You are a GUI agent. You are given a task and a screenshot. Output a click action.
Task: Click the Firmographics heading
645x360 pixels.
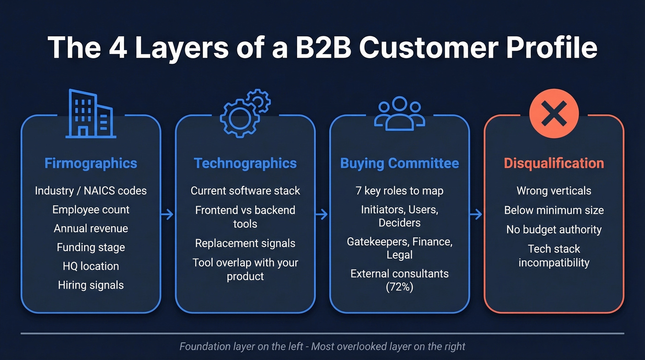(91, 163)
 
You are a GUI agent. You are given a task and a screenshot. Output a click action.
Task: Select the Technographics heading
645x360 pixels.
(245, 163)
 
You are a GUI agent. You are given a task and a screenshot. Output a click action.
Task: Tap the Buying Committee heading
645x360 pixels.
(399, 163)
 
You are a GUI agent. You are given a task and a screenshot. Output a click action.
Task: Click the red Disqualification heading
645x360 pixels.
(554, 163)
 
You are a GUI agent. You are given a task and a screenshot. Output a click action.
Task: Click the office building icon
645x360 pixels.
(90, 114)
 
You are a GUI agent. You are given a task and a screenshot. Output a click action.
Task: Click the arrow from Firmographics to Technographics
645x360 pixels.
(168, 214)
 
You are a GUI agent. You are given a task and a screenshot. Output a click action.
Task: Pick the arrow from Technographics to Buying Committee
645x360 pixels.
(322, 214)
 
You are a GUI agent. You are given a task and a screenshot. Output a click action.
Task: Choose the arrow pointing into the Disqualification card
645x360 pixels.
(476, 214)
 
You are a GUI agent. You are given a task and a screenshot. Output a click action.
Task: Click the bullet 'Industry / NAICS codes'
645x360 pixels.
(91, 191)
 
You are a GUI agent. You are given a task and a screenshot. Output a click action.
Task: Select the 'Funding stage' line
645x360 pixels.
(91, 248)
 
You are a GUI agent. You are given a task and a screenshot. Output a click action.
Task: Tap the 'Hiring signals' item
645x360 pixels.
(91, 285)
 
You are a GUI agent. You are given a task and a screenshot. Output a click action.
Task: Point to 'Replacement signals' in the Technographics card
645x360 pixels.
(245, 243)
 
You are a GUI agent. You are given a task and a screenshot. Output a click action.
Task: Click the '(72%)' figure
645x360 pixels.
(399, 287)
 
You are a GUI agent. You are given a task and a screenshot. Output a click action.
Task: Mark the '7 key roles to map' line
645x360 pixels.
(399, 191)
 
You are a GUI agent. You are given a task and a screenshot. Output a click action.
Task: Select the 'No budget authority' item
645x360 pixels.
(554, 230)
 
